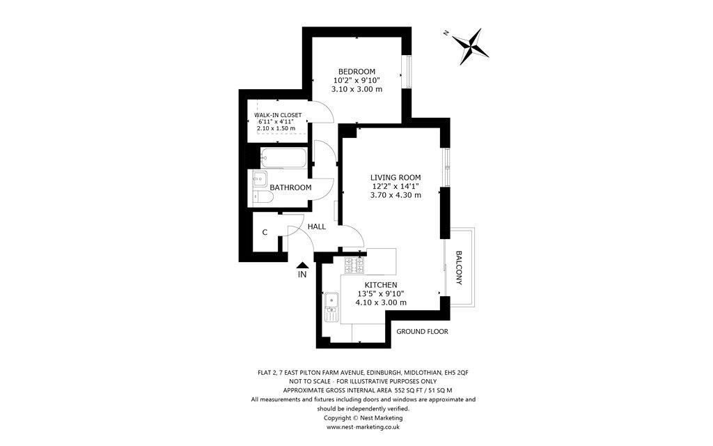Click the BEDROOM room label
356,72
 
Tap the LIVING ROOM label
395,178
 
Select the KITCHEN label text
381,285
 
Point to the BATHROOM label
290,187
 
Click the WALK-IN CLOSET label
277,115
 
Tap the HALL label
317,226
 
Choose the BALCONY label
459,268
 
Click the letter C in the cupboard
265,233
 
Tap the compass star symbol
471,46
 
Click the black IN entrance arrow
302,264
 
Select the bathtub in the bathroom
283,158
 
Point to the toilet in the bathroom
263,197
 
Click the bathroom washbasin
260,179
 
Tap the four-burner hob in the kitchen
354,266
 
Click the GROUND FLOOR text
422,331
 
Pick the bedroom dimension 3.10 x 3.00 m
356,89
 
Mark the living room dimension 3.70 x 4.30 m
395,195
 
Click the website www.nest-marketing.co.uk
363,427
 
